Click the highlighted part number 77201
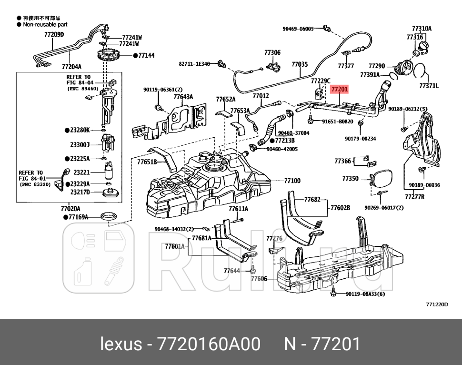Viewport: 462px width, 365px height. tap(340, 89)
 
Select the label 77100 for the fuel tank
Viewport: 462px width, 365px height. tap(292, 181)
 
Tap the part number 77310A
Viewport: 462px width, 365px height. tap(422, 29)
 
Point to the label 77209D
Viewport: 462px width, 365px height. tap(54, 34)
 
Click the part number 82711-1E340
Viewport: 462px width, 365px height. tap(194, 63)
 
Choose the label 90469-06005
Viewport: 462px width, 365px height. tap(298, 29)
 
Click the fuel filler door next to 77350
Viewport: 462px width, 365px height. tap(381, 180)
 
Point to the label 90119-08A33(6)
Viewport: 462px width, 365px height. tap(365, 294)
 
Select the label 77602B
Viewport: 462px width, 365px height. tap(340, 208)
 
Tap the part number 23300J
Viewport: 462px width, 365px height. tap(80, 144)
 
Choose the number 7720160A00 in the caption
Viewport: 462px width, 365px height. tap(210, 344)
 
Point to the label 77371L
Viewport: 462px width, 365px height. tap(429, 86)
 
